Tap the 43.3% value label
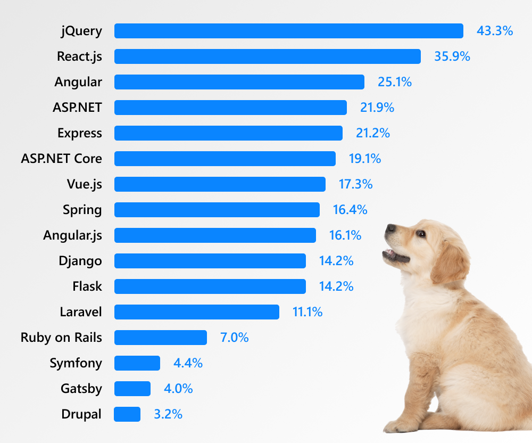[494, 31]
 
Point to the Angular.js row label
[72, 235]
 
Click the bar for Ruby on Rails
[160, 338]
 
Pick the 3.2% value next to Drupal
[168, 414]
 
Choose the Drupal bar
[127, 414]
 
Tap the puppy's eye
[421, 233]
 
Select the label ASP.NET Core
[61, 159]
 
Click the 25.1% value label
[395, 82]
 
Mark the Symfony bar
[137, 363]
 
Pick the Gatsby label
[81, 389]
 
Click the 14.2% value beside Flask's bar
[336, 286]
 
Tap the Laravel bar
[196, 312]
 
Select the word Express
[79, 133]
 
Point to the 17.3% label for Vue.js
[355, 184]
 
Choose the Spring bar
[217, 210]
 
